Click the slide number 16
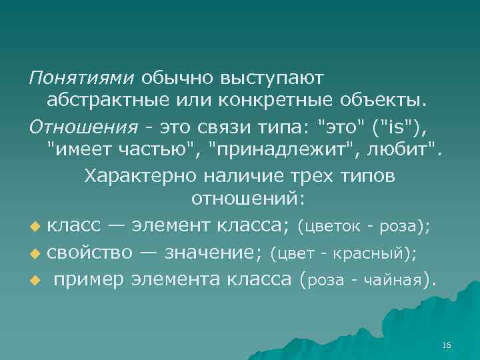pos(446,344)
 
